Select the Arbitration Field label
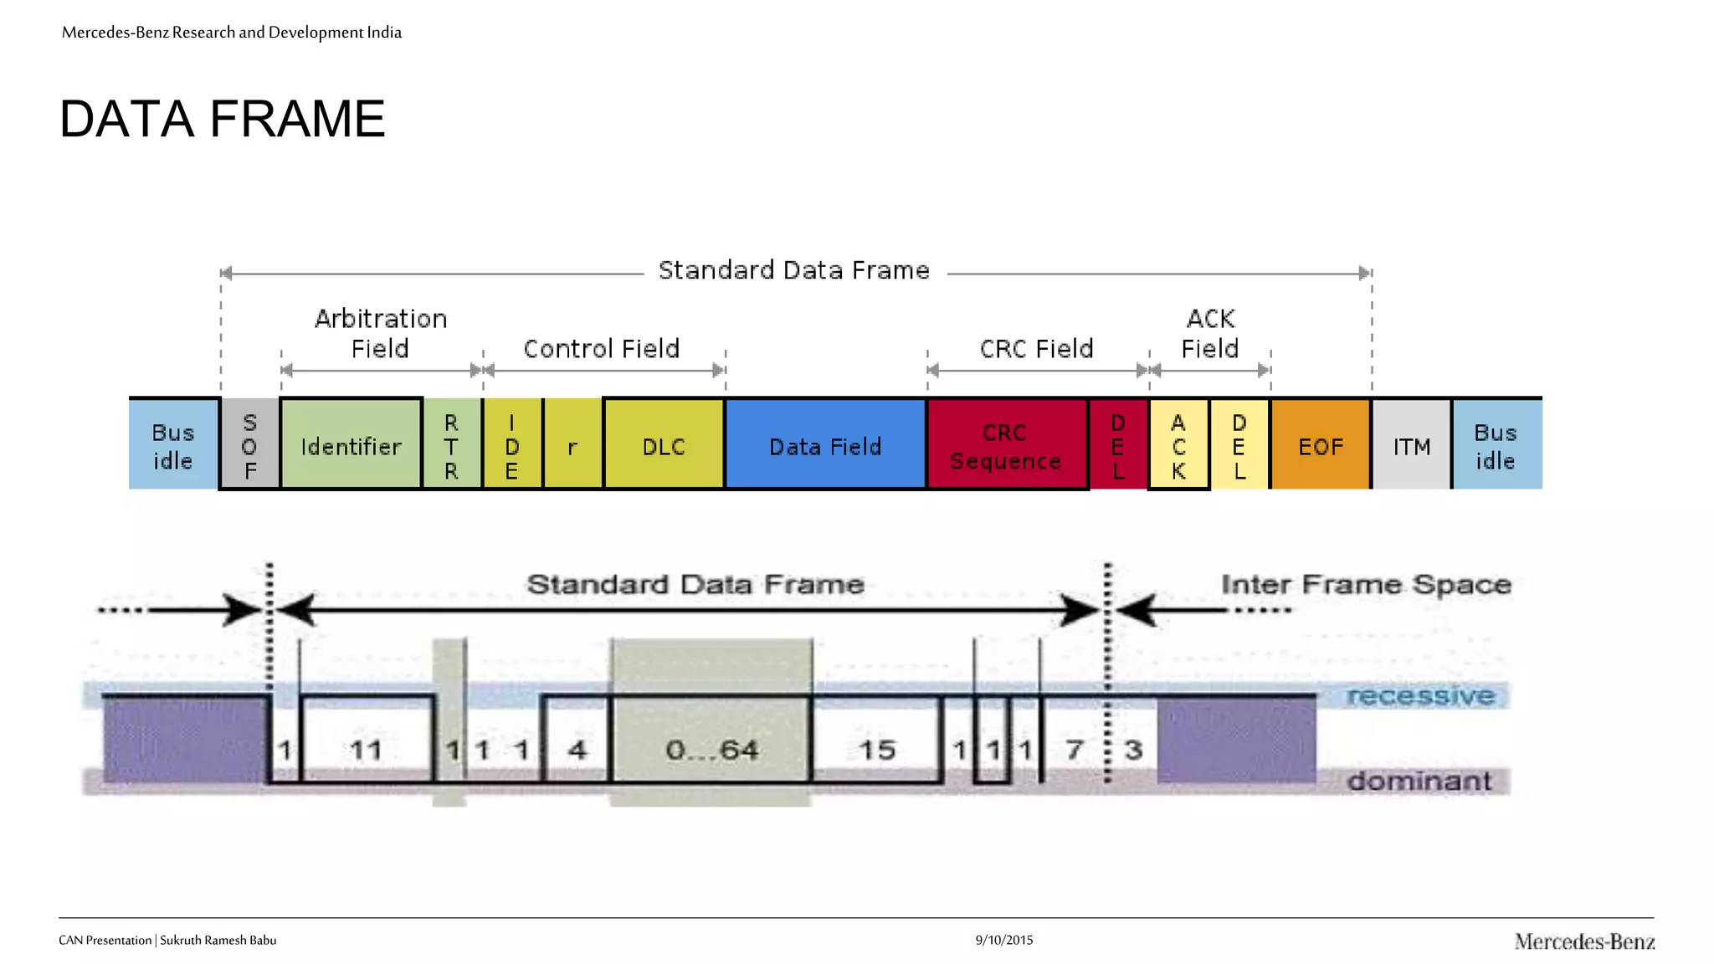pyautogui.click(x=381, y=333)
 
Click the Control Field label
pyautogui.click(x=602, y=348)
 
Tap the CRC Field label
pyautogui.click(x=1036, y=348)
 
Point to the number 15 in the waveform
pyautogui.click(x=877, y=750)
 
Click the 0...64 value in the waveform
pyautogui.click(x=712, y=750)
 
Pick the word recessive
pyautogui.click(x=1420, y=695)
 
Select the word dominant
pyautogui.click(x=1419, y=781)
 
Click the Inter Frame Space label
pyautogui.click(x=1366, y=584)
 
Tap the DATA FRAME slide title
pyautogui.click(x=223, y=119)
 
